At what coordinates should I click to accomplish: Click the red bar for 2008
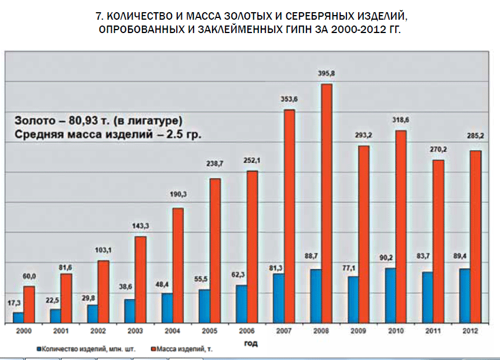327,203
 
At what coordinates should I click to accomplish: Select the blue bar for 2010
390,295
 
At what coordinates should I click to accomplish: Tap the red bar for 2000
29,304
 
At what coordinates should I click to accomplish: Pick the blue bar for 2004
167,308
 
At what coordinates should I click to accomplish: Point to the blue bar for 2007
279,298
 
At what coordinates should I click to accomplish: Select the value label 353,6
289,99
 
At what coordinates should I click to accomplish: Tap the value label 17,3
15,303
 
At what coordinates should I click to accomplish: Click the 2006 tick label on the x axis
247,331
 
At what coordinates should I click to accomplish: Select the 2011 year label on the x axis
433,331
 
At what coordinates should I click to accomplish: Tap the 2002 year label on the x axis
98,331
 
